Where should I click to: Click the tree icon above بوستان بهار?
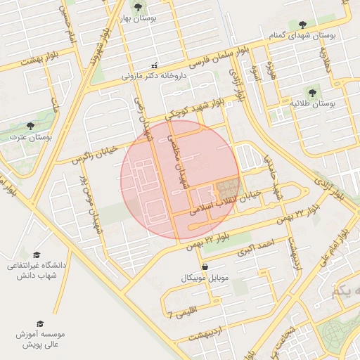click(137, 7)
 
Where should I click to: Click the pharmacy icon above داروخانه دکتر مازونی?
click(155, 65)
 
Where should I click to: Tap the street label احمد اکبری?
click(254, 246)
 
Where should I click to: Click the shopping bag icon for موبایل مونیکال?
click(205, 267)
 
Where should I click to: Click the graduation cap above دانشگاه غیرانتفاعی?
click(37, 255)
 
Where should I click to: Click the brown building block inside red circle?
click(227, 188)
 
